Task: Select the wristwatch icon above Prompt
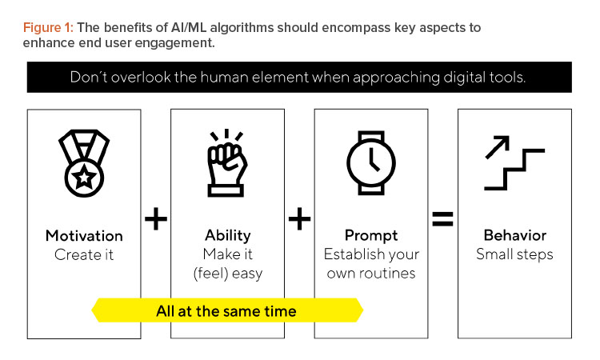click(x=371, y=163)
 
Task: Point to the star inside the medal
click(x=84, y=178)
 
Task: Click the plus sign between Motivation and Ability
click(x=156, y=219)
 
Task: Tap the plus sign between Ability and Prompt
click(x=299, y=219)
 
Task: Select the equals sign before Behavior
click(x=442, y=219)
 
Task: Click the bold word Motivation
click(x=84, y=236)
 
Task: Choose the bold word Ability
click(x=228, y=236)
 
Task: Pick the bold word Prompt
click(x=371, y=236)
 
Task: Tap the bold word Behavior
click(x=514, y=235)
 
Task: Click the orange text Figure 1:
click(x=48, y=28)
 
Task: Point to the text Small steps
click(x=514, y=254)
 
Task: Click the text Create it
click(x=84, y=254)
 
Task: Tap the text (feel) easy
click(x=228, y=274)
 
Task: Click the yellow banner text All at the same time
click(x=226, y=311)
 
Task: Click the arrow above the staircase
click(x=498, y=147)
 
